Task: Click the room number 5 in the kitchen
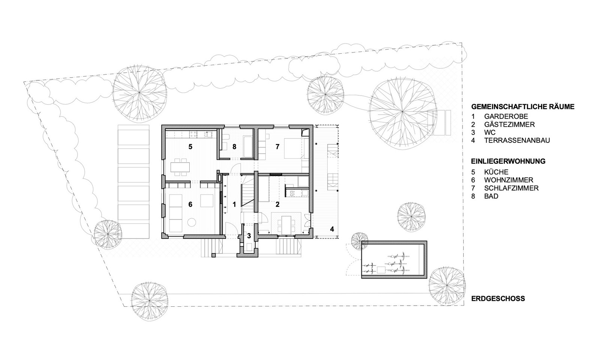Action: (x=190, y=147)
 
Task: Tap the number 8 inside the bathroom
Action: (x=234, y=147)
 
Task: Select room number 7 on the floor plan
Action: (x=277, y=147)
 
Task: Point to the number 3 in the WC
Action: (x=249, y=236)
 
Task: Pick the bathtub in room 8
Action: (x=248, y=147)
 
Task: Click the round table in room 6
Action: (x=192, y=222)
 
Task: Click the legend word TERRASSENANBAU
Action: (x=517, y=140)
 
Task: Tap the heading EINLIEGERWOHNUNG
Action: (x=508, y=161)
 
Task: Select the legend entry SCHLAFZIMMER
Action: (x=511, y=188)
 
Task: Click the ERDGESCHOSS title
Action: (x=498, y=298)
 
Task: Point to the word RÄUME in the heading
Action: (x=561, y=106)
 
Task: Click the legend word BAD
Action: (x=491, y=196)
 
